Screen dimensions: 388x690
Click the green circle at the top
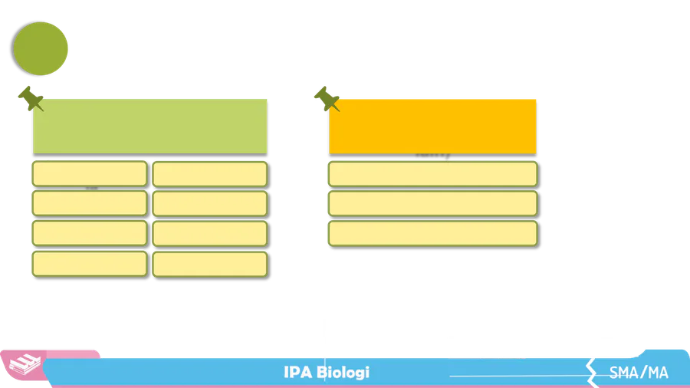point(42,48)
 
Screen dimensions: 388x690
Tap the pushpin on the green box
point(31,98)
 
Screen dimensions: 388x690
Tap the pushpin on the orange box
point(327,98)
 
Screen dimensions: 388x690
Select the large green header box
point(150,124)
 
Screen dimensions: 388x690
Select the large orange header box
point(432,125)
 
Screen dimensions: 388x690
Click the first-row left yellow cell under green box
point(89,173)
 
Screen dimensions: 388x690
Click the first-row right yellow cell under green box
point(209,173)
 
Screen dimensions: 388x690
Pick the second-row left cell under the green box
point(89,203)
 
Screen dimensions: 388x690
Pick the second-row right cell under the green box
point(209,203)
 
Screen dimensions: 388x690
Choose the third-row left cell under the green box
point(89,233)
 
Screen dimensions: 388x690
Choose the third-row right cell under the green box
point(209,233)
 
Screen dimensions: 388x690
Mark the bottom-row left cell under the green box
point(89,263)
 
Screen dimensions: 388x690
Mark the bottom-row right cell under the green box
point(209,263)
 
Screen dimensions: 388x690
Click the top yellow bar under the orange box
point(432,173)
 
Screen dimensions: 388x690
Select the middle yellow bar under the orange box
point(432,203)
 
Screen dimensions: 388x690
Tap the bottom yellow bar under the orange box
point(432,233)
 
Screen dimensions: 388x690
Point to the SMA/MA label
point(639,373)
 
